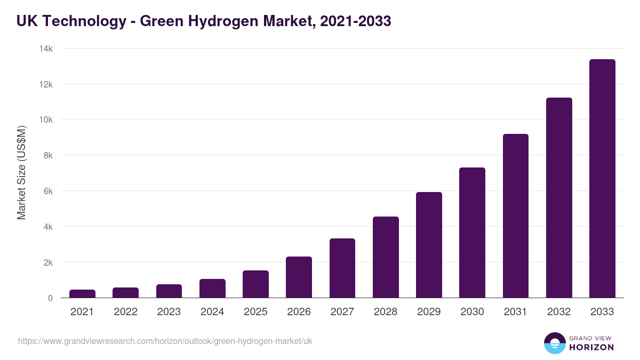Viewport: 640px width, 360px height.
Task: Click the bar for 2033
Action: [x=602, y=179]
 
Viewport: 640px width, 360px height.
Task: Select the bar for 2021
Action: [x=82, y=294]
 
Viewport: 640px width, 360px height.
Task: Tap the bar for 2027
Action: [x=342, y=268]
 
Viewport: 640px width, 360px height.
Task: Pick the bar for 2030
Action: [x=472, y=233]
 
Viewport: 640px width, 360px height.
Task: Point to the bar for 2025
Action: [x=255, y=284]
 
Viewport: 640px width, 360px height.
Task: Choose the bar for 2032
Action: [x=559, y=198]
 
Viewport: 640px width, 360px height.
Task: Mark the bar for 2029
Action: [x=429, y=245]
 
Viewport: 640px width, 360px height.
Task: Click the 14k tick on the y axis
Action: [x=46, y=49]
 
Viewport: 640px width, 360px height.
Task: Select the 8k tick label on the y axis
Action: [x=47, y=156]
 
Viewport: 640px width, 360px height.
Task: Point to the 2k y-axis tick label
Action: [x=47, y=262]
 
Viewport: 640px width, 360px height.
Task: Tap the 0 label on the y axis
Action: [x=50, y=298]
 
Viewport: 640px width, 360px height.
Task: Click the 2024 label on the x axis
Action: [x=212, y=312]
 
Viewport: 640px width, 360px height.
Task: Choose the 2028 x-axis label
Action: [x=386, y=312]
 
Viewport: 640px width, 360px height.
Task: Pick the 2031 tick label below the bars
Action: [x=516, y=312]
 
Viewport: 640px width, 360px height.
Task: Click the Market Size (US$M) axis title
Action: [x=21, y=173]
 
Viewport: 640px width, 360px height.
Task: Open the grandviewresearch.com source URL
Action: [x=165, y=341]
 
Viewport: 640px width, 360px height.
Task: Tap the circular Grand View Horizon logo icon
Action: [x=554, y=343]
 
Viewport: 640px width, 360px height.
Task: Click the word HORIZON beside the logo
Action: [x=591, y=347]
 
